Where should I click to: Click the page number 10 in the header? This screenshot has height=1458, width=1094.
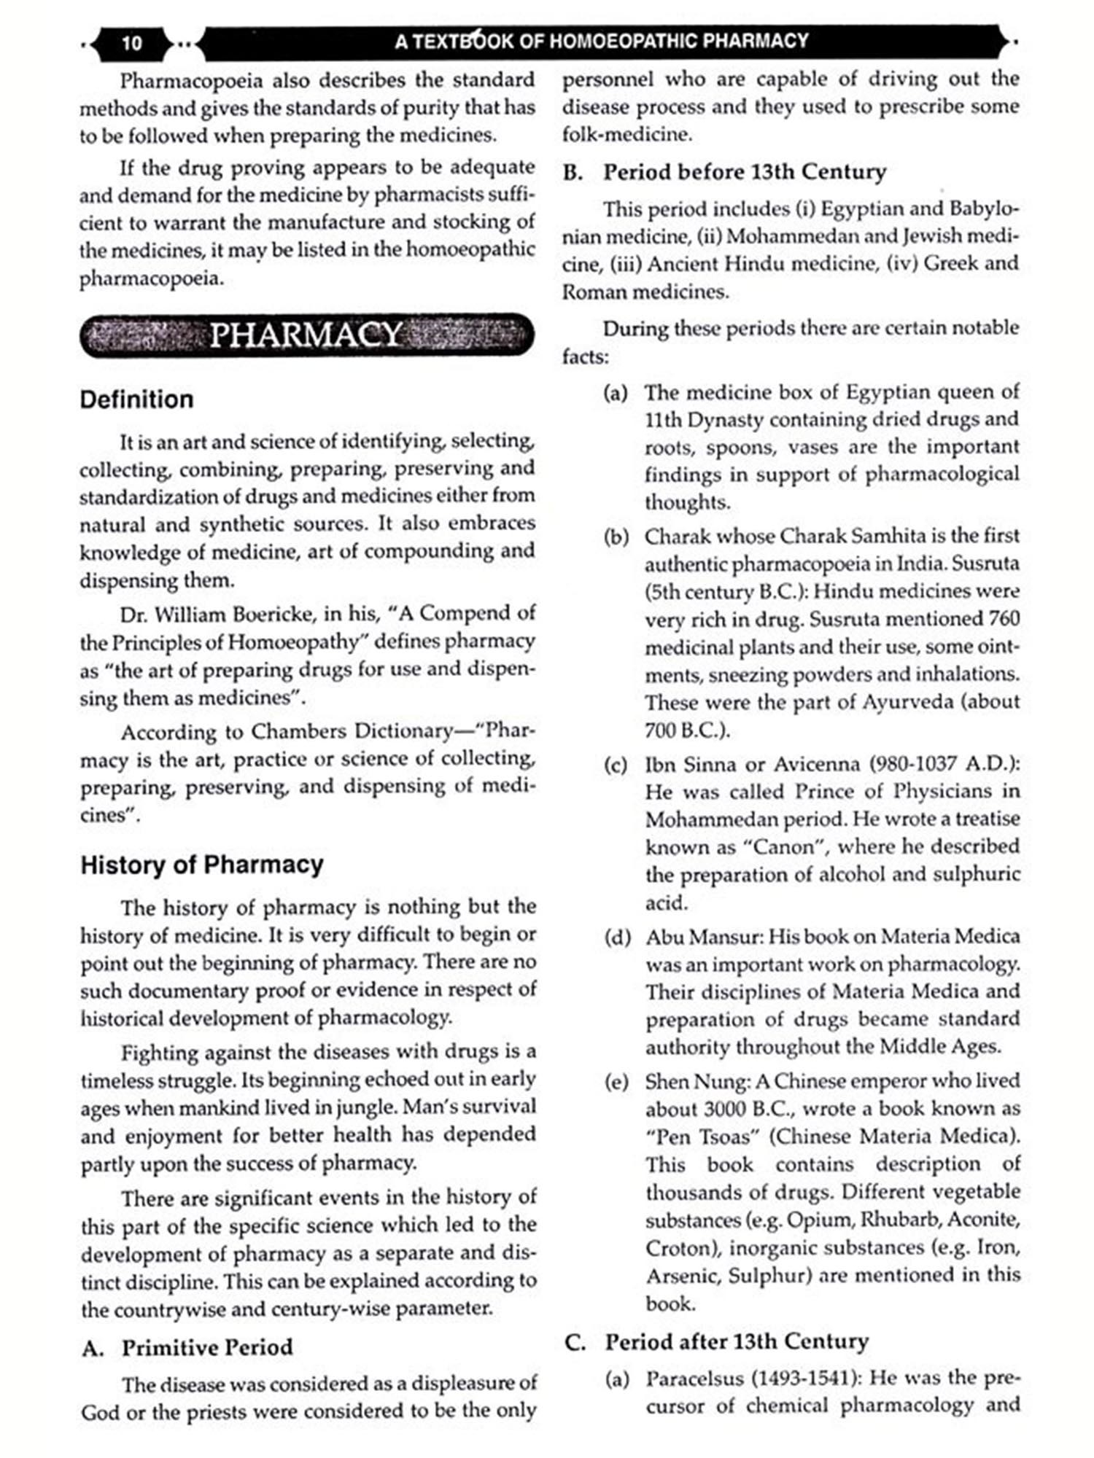(132, 43)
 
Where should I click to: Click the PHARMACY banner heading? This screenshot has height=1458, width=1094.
(306, 335)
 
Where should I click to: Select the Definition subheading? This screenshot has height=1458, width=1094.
(137, 399)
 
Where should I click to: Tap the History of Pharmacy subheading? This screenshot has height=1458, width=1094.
(202, 865)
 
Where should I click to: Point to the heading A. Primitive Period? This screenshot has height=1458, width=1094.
(187, 1347)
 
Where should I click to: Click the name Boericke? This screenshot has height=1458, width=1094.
(273, 614)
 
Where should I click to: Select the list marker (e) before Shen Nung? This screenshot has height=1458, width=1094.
(616, 1081)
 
